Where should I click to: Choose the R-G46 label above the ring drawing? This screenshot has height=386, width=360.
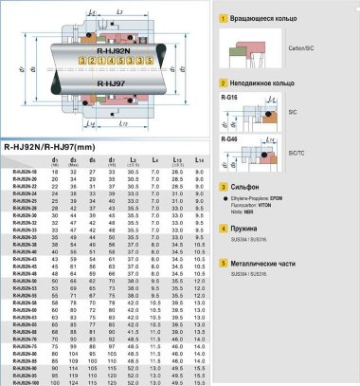(229, 138)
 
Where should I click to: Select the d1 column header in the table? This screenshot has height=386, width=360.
(57, 160)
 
